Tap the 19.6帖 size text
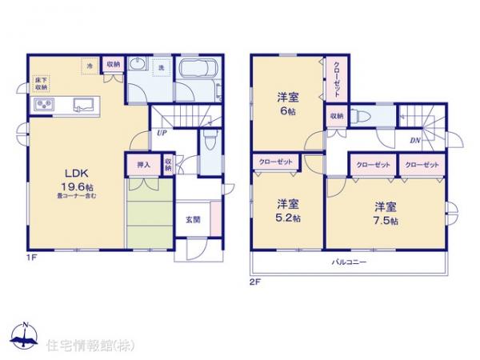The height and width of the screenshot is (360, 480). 73,185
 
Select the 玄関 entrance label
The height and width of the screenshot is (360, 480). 193,219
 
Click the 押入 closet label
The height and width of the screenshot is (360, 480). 144,166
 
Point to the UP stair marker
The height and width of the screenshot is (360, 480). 162,134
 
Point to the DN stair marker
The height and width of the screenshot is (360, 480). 415,141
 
